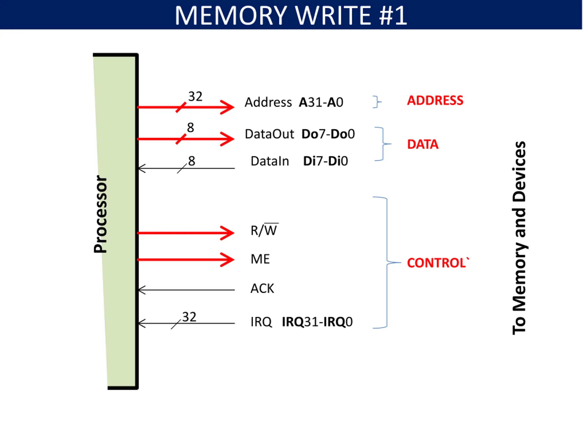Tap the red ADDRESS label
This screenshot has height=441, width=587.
(x=435, y=100)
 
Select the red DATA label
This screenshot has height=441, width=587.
(x=423, y=144)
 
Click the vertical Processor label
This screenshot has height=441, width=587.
(x=100, y=214)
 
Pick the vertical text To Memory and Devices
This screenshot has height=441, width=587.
(x=519, y=238)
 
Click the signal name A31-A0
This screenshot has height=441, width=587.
(x=321, y=102)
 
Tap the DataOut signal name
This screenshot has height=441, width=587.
(x=269, y=134)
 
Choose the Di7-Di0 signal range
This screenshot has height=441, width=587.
(x=325, y=161)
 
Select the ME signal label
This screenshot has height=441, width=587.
(x=260, y=259)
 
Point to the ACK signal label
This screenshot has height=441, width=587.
(x=262, y=288)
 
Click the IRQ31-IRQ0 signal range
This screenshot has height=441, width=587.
(x=317, y=322)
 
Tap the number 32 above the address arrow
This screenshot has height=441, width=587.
(x=195, y=96)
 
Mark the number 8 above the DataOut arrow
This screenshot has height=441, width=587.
(x=191, y=128)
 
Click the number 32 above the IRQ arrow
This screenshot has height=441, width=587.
(x=189, y=317)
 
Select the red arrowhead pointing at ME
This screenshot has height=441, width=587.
(x=227, y=260)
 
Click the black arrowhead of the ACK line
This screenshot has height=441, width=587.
(x=142, y=290)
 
